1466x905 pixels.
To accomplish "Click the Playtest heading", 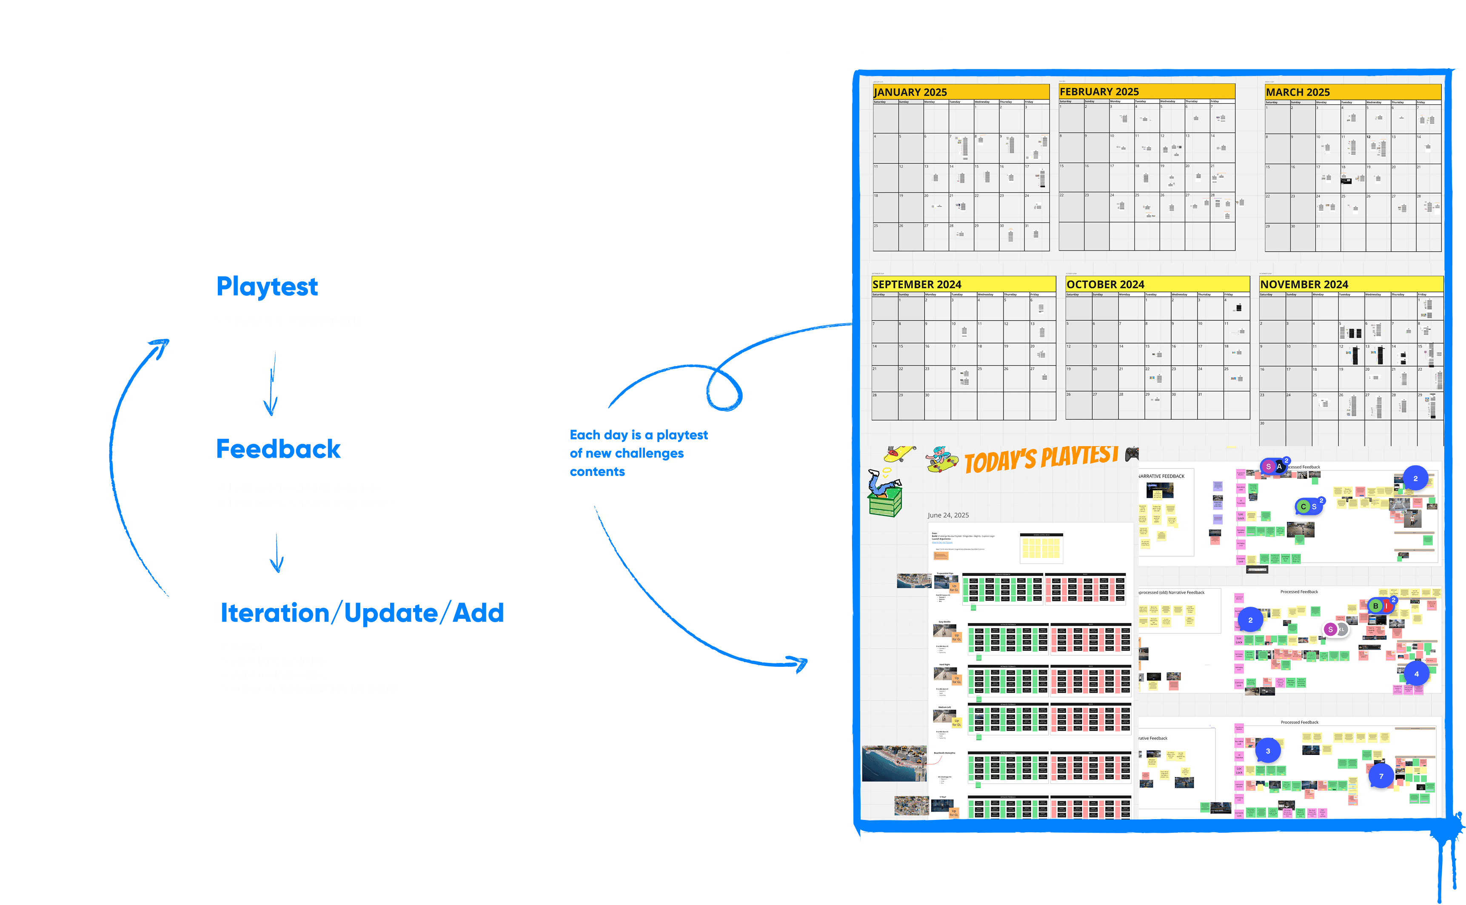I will tap(267, 287).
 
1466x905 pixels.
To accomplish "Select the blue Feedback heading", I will tap(278, 449).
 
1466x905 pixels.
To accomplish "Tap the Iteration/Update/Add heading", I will tap(362, 613).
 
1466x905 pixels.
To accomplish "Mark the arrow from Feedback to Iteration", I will tap(277, 552).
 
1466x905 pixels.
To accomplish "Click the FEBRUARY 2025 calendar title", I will tap(1099, 91).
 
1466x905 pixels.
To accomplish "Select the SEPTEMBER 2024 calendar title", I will tap(916, 285).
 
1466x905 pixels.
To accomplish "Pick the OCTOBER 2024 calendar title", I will tap(1105, 285).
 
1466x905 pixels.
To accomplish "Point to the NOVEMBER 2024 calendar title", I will tap(1304, 285).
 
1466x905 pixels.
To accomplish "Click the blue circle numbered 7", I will tap(1381, 776).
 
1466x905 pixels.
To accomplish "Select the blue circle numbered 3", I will tap(1267, 751).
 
